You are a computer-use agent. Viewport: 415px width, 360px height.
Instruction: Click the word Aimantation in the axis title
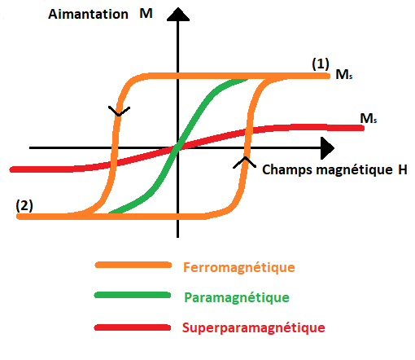(88, 14)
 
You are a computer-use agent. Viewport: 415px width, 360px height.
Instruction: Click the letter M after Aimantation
(146, 14)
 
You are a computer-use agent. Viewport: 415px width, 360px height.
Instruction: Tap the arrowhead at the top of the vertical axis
(178, 15)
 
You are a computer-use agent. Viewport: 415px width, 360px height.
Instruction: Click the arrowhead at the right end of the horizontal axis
(327, 148)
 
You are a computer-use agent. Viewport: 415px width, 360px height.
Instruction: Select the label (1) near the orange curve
(321, 64)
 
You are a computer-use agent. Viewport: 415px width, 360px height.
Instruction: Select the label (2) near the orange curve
(24, 205)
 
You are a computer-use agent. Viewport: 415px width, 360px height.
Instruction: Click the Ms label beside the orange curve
(344, 74)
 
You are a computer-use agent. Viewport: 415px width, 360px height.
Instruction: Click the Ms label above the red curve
(369, 118)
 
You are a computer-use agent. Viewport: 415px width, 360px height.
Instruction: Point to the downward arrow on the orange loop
(119, 112)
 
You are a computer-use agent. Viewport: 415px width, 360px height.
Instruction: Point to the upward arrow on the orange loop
(245, 162)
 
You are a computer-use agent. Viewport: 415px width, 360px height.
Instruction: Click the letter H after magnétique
(403, 169)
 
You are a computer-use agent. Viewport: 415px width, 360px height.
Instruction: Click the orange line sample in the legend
(133, 265)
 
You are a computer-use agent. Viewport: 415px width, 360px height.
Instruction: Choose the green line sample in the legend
(133, 295)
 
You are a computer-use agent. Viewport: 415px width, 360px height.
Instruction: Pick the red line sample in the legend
(133, 327)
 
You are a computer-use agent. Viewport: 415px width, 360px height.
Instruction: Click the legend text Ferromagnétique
(239, 268)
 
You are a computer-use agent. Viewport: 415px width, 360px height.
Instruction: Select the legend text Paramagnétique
(237, 298)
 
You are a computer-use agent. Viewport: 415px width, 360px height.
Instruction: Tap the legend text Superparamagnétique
(254, 328)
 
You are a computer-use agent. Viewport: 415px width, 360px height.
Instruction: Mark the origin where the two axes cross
(177, 148)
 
